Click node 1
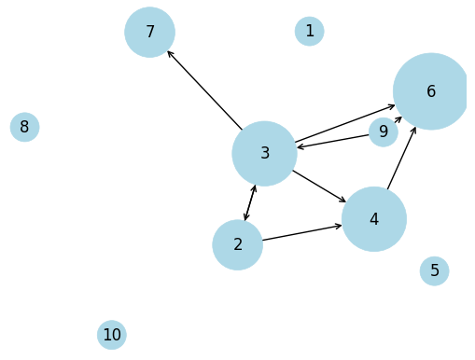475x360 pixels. click(x=309, y=31)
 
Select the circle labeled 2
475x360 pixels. click(x=237, y=244)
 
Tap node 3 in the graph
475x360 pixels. click(x=264, y=153)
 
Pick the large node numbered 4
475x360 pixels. click(x=373, y=219)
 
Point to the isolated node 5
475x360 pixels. click(x=434, y=270)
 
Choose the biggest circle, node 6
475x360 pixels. click(x=430, y=91)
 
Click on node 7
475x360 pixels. click(x=149, y=32)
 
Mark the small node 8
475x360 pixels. click(x=24, y=127)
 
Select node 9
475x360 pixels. click(x=383, y=132)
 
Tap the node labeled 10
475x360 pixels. click(x=111, y=334)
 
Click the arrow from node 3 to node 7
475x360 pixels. click(x=204, y=90)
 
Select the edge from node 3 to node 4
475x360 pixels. click(x=319, y=186)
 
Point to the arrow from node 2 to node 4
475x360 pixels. click(x=301, y=232)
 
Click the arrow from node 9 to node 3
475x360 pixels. click(x=333, y=141)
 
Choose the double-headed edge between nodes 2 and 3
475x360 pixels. click(x=250, y=203)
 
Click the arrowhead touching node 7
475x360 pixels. click(x=170, y=53)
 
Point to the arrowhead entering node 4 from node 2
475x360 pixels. click(x=338, y=226)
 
